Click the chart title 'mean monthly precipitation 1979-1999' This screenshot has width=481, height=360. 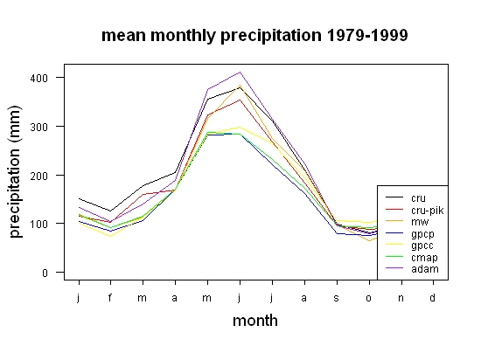pos(254,36)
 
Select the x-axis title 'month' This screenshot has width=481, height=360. pos(255,321)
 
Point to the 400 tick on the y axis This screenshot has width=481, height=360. pos(39,78)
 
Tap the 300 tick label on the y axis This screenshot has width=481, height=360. pos(39,127)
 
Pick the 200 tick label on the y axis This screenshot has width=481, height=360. pos(39,176)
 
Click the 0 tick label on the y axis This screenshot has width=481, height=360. pos(45,273)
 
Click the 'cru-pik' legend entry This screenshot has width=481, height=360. pos(415,211)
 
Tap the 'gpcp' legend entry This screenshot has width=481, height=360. pos(410,234)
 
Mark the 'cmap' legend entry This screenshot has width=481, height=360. pos(411,258)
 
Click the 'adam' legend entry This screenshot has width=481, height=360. pos(412,269)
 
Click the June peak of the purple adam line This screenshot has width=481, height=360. pos(240,73)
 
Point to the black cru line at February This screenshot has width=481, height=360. pos(110,211)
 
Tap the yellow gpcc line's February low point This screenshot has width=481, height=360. pos(110,236)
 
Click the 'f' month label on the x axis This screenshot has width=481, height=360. pos(110,297)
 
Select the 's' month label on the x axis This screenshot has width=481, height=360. pos(337,298)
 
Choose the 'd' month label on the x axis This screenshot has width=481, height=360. pos(432,297)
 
